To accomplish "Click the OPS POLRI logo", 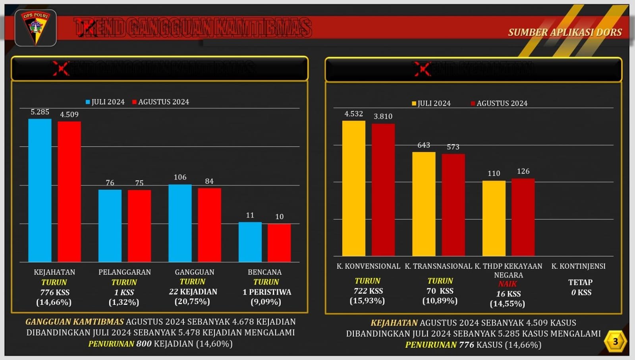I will [x=35, y=28].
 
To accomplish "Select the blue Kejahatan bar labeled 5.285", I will [x=40, y=191].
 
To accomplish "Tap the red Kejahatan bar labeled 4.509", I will [x=69, y=192].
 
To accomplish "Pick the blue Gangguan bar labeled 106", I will [x=180, y=223].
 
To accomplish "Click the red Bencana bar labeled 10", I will [x=279, y=243].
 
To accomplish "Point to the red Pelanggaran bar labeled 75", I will [x=139, y=226].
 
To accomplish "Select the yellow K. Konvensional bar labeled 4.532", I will [x=353, y=189].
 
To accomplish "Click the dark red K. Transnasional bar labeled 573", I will [x=453, y=205].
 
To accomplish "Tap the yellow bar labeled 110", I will [x=494, y=218].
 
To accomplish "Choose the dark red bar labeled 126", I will [x=523, y=217].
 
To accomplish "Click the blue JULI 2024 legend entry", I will [x=105, y=102].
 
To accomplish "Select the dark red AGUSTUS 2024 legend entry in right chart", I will [x=499, y=103].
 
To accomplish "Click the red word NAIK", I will [x=508, y=284].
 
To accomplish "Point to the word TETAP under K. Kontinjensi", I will [x=580, y=282].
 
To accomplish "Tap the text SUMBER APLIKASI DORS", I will [x=565, y=33].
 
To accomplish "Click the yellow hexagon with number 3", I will [x=615, y=341].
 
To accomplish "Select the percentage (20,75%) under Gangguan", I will [x=192, y=302].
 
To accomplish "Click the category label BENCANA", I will [x=264, y=272].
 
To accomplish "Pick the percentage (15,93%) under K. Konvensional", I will [x=367, y=301].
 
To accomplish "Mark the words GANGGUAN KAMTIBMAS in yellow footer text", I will [x=75, y=322].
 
